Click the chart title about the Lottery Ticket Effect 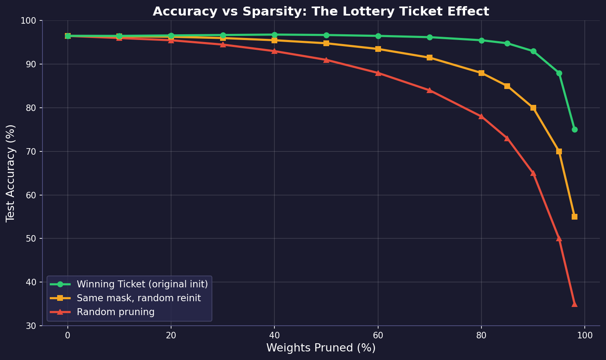[321, 11]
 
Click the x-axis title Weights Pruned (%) [321, 348]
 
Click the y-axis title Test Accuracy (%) [11, 173]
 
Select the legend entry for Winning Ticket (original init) [142, 284]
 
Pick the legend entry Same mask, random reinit [138, 298]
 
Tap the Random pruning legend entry [116, 312]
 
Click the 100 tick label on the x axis [585, 336]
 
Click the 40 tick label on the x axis [274, 336]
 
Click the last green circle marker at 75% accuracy [575, 129]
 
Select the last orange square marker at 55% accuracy [575, 217]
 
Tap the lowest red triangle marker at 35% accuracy [575, 304]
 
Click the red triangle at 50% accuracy [559, 238]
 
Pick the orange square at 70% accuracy [559, 151]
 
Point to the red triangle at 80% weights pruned [481, 116]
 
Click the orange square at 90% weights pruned [533, 108]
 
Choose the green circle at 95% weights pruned [559, 73]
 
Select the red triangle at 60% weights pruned [378, 73]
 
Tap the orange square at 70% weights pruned [430, 58]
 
